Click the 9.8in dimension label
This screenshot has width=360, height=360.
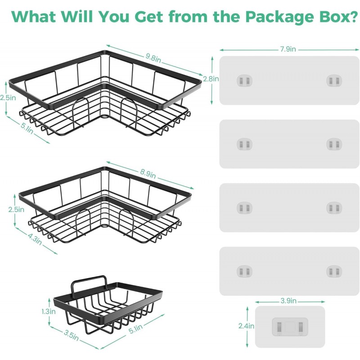[153, 58]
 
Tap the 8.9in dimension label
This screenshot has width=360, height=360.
[148, 174]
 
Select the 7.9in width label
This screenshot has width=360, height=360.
[288, 49]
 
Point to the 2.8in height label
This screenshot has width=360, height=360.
[211, 79]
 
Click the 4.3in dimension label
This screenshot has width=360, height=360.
[35, 239]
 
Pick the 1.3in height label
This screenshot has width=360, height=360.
[49, 311]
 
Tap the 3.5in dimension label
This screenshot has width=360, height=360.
[71, 336]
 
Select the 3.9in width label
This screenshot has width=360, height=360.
[288, 301]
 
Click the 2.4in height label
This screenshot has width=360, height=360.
[246, 326]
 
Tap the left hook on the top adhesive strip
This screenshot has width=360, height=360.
[244, 81]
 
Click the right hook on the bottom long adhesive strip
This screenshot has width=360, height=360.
[334, 271]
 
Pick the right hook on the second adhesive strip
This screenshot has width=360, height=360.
[334, 144]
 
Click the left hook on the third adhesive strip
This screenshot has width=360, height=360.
[244, 208]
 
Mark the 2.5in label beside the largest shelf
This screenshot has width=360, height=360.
[8, 98]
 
